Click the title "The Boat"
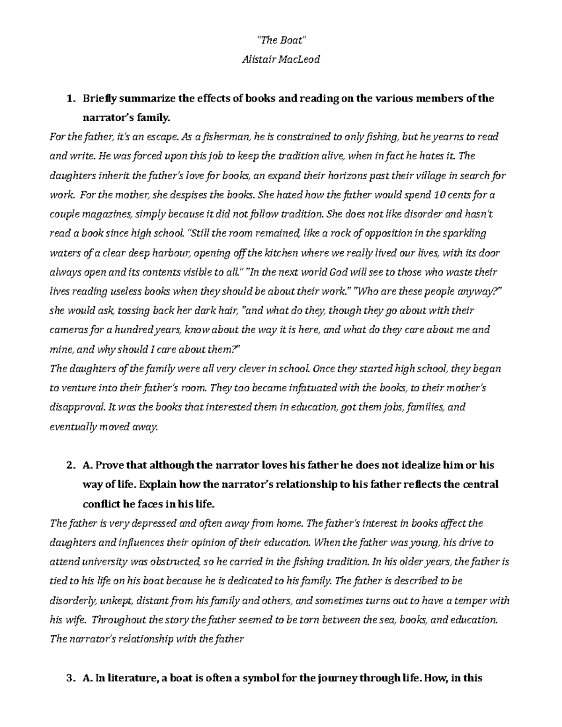coord(281,40)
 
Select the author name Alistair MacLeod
coord(281,59)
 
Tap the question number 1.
coord(70,99)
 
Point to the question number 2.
coord(70,465)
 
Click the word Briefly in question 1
coord(99,99)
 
